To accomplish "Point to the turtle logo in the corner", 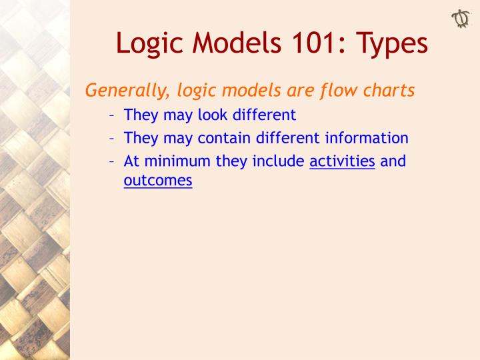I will point(461,18).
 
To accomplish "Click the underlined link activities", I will point(342,161).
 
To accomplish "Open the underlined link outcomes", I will point(158,180).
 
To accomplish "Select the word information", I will point(367,138).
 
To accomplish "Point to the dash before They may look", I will point(112,115).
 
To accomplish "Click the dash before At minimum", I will point(112,161).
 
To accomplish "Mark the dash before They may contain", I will point(112,138).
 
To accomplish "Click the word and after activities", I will point(393,161).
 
